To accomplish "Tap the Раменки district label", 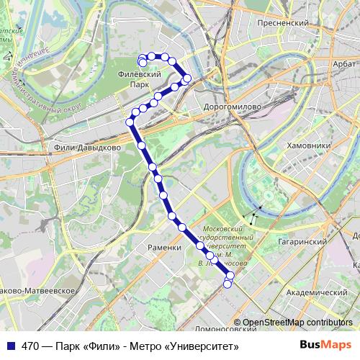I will [x=165, y=247].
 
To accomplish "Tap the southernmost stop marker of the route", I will [x=228, y=284].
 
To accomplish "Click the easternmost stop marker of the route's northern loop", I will [x=188, y=78].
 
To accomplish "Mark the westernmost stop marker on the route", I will [x=130, y=122].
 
